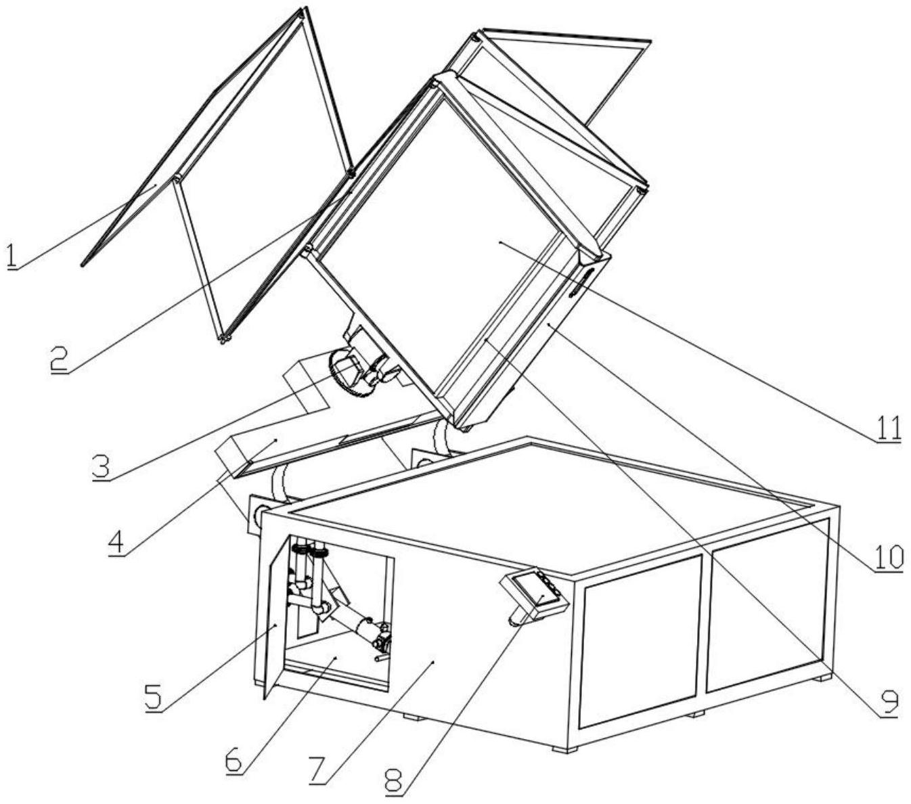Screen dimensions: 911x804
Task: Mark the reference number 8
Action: tap(395, 782)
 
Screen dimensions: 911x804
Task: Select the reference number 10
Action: tap(889, 557)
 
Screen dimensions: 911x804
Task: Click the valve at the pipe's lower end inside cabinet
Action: tap(381, 637)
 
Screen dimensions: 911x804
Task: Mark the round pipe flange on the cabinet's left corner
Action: tap(259, 514)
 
